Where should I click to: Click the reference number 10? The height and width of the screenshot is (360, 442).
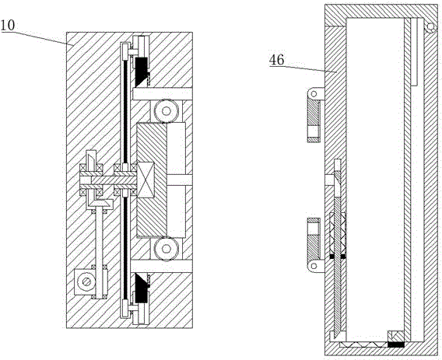click(x=7, y=26)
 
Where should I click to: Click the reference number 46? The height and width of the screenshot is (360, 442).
click(x=276, y=60)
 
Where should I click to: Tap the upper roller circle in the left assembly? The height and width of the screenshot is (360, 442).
click(x=167, y=111)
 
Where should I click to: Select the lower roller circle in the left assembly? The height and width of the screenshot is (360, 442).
click(x=167, y=249)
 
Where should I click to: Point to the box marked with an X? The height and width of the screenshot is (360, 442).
click(x=146, y=180)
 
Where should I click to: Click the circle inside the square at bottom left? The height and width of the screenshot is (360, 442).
click(x=86, y=281)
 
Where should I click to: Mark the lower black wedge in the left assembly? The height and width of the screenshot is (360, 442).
click(x=141, y=288)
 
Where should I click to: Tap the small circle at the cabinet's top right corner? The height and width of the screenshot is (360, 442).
click(x=430, y=26)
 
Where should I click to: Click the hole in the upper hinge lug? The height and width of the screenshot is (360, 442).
click(x=314, y=93)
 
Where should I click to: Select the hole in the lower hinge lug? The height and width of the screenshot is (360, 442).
click(x=314, y=265)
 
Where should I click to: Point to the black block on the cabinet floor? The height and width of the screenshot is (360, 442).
click(x=396, y=344)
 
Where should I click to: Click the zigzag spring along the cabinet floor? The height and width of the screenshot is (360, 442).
click(x=364, y=344)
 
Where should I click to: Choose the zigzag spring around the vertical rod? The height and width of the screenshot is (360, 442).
click(x=338, y=233)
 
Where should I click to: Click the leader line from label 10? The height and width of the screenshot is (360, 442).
click(x=37, y=38)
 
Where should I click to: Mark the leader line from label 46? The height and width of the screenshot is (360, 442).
click(x=303, y=69)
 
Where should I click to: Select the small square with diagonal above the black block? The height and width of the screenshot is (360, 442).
click(x=396, y=336)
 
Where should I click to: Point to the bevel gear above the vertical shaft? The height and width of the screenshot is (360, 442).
click(x=100, y=204)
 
